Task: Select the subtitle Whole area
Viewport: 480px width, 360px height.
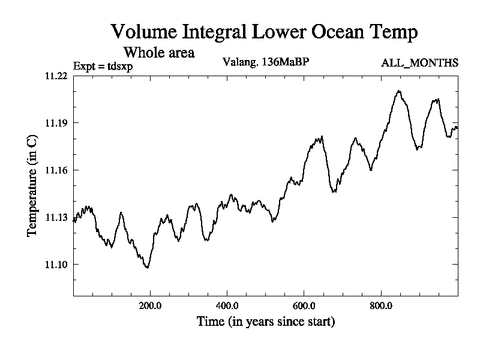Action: coord(158,52)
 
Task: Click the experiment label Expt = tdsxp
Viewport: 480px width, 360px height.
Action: coord(103,66)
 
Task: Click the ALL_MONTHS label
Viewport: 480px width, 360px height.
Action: coord(420,62)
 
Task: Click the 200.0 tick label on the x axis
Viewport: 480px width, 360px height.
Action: coord(150,305)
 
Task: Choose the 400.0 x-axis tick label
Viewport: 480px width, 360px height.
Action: coord(227,305)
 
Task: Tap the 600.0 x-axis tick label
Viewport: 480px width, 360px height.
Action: coord(304,305)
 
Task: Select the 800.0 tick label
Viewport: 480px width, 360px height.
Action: coord(381,305)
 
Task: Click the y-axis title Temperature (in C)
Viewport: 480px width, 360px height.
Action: coord(33,185)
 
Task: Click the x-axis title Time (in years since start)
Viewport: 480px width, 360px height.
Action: coord(265,322)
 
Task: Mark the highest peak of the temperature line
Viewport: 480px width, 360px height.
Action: coord(398,91)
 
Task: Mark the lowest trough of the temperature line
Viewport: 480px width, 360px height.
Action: coord(147,268)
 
